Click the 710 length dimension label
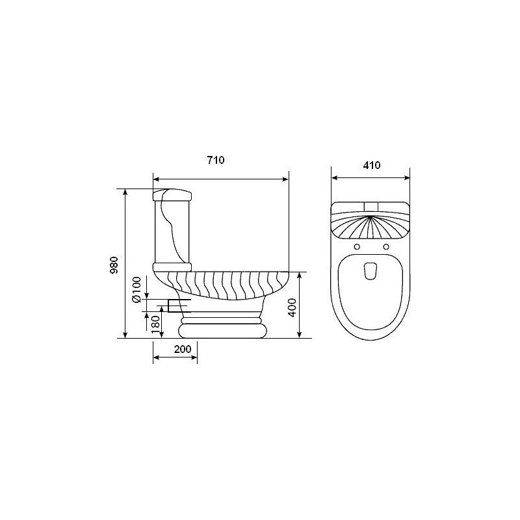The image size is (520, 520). tap(216, 160)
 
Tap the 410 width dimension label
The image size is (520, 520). tap(371, 165)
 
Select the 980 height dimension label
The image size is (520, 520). tap(114, 265)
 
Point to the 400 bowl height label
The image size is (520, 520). tap(292, 307)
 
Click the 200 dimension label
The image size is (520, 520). tap(183, 349)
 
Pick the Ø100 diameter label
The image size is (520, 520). tap(136, 289)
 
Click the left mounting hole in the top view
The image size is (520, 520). tap(357, 247)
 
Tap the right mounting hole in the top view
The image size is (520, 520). tap(386, 247)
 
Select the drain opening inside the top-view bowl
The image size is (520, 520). tap(371, 271)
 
